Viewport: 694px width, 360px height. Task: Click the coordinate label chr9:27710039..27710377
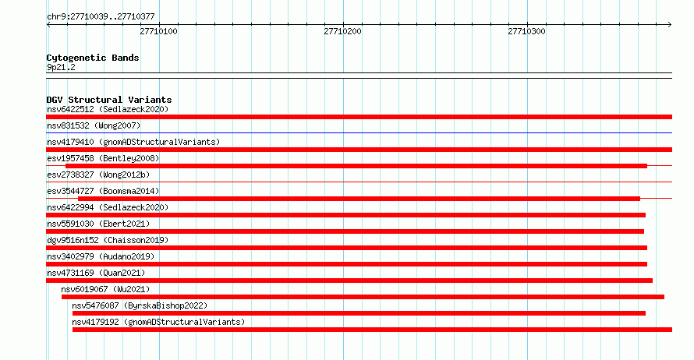[x=101, y=17]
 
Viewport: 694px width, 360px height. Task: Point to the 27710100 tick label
[x=158, y=31]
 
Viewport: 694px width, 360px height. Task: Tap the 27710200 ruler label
[x=342, y=31]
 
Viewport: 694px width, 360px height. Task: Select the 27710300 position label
[x=526, y=31]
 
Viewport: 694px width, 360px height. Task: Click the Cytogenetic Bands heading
[x=93, y=58]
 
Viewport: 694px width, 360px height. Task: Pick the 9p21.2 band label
[x=61, y=67]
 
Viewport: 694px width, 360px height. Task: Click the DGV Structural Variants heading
[x=109, y=100]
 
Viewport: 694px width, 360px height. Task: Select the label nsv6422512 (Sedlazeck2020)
[x=108, y=109]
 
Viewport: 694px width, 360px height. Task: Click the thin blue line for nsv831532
[x=359, y=132]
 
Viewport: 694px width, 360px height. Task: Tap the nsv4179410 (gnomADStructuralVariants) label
[x=133, y=142]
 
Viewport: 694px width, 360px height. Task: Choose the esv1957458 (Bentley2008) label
[x=103, y=158]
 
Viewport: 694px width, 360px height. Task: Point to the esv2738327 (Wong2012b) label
[x=98, y=175]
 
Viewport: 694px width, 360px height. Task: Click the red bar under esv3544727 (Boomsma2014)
[x=359, y=199]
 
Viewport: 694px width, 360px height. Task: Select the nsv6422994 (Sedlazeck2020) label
[x=108, y=207]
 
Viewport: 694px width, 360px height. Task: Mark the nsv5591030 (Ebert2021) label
[x=98, y=224]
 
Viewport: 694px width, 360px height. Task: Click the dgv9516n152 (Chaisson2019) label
[x=108, y=240]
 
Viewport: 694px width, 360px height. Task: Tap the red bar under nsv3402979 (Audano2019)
[x=346, y=264]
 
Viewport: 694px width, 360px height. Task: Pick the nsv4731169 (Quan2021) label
[x=96, y=273]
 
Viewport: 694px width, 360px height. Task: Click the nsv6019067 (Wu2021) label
[x=105, y=289]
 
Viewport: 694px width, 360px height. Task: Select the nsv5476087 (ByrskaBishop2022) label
[x=140, y=305]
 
